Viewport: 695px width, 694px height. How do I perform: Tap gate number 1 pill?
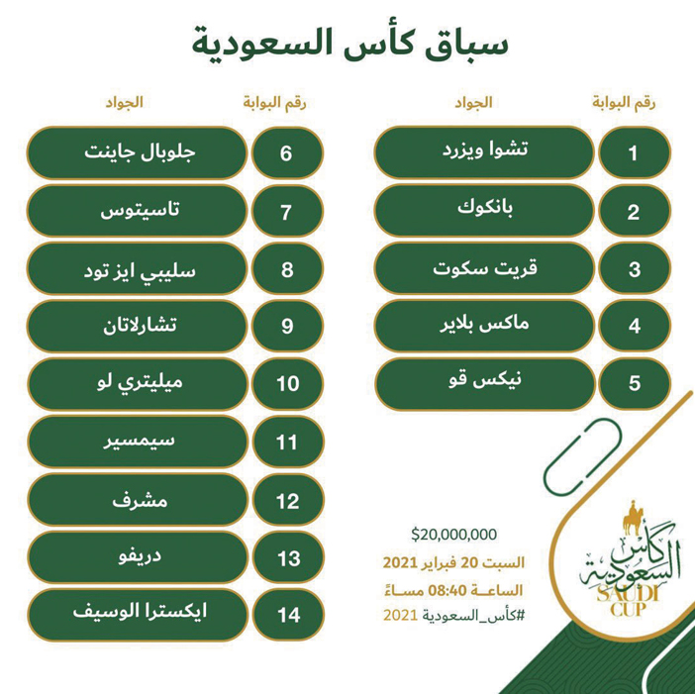click(x=635, y=153)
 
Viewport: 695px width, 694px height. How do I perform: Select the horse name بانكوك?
click(x=484, y=211)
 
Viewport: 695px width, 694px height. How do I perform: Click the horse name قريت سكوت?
click(x=484, y=267)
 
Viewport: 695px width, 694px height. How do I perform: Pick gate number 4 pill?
click(x=635, y=325)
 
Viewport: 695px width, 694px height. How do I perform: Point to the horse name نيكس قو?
click(x=484, y=381)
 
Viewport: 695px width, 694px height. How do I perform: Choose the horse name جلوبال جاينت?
click(x=136, y=153)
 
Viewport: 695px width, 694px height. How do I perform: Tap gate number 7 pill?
click(x=287, y=211)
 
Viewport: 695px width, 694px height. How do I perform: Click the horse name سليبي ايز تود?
click(x=136, y=267)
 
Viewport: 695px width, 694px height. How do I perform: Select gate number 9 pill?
click(x=287, y=325)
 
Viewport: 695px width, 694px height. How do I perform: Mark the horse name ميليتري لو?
click(x=136, y=381)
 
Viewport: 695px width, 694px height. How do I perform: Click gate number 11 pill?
click(x=287, y=441)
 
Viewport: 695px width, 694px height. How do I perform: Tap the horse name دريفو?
click(x=136, y=556)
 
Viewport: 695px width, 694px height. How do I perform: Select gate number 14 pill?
click(x=287, y=614)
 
